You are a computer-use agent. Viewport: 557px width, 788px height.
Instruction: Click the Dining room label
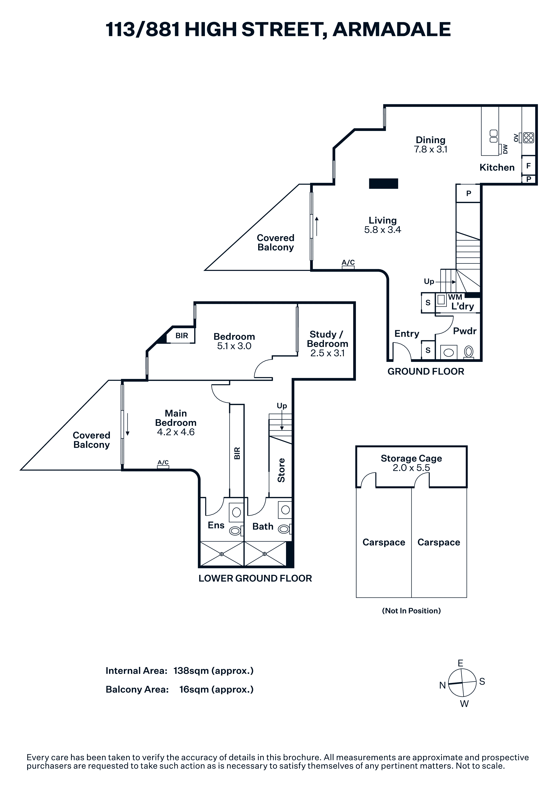coord(430,140)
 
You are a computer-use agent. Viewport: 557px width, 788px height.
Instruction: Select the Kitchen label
coord(497,168)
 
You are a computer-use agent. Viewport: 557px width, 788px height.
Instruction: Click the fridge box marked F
coord(528,166)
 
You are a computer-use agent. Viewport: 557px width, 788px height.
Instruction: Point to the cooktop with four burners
coord(528,138)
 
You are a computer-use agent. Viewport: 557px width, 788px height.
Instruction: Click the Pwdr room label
coord(465,331)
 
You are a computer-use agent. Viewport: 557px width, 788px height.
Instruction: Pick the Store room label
coord(281,470)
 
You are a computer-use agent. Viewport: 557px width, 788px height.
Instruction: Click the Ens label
coord(216,525)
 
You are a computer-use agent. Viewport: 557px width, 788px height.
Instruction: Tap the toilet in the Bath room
coord(284,529)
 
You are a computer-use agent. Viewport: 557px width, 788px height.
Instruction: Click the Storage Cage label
coord(411,458)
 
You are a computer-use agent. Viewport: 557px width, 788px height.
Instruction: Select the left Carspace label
coord(384,542)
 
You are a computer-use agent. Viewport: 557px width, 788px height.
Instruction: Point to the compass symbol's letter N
coord(442,685)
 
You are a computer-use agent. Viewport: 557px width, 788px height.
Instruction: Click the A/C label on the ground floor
coord(348,263)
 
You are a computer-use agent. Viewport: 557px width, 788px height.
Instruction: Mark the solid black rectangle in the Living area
coord(383,184)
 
